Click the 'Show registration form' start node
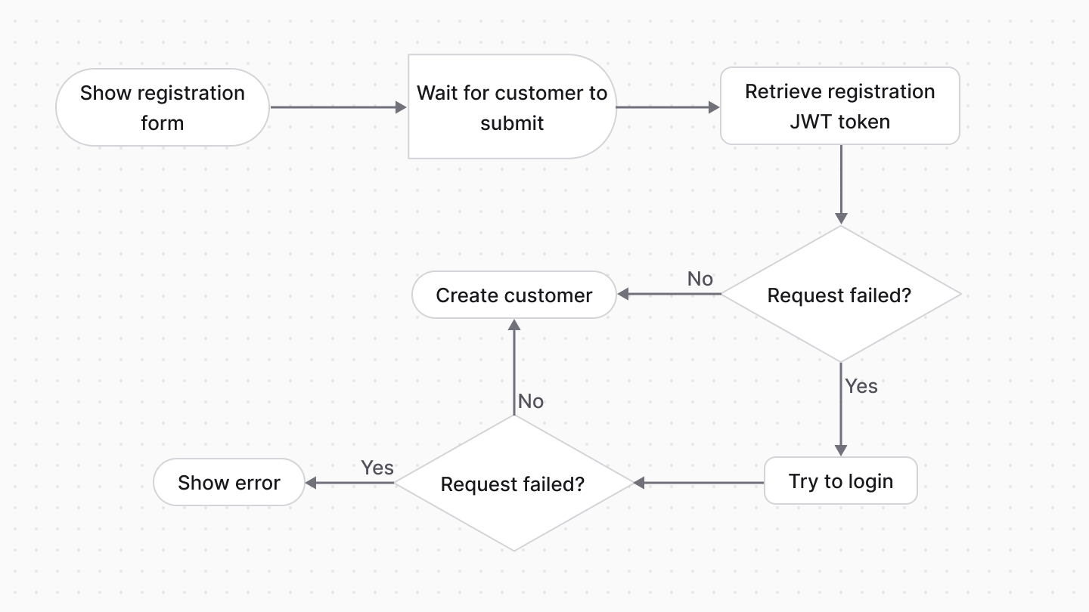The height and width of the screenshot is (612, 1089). click(163, 107)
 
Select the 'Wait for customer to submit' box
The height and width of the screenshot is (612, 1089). click(512, 107)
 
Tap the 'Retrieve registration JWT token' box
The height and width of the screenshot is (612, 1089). click(839, 106)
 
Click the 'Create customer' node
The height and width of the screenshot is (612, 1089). click(513, 295)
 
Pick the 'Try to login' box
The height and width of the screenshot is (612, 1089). click(840, 481)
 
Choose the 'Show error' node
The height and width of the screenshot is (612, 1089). click(228, 483)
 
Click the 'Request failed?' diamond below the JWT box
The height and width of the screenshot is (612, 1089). click(840, 295)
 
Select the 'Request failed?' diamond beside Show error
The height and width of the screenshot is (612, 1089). click(513, 484)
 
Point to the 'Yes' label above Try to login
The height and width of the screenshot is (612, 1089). click(861, 386)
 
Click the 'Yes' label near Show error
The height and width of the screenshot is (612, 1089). click(377, 468)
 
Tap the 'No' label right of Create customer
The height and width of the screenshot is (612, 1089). click(700, 279)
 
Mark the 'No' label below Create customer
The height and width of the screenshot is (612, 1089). click(531, 401)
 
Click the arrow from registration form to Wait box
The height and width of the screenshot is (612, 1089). click(338, 107)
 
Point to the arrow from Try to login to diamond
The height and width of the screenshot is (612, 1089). click(700, 482)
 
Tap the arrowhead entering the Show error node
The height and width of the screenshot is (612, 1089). click(311, 483)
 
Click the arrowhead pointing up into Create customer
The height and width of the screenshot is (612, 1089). click(514, 325)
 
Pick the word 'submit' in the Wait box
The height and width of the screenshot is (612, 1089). click(512, 123)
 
